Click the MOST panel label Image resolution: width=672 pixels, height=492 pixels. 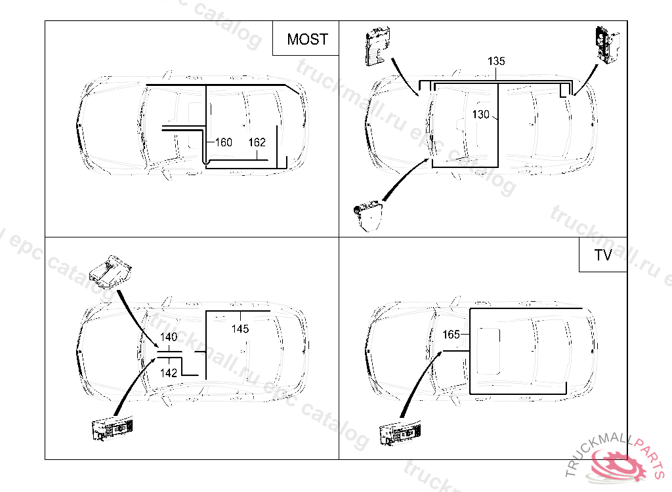[307, 39]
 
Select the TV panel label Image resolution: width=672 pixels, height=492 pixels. [602, 255]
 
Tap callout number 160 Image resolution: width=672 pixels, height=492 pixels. [224, 142]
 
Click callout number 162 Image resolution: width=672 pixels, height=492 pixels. [257, 142]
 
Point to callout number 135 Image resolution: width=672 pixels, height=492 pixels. [496, 62]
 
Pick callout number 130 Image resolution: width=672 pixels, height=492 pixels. [481, 115]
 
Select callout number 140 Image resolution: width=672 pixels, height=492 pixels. [169, 337]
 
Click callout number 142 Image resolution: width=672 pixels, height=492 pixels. [169, 373]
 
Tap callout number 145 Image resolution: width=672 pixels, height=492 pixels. [240, 329]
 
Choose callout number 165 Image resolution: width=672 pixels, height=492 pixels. [451, 335]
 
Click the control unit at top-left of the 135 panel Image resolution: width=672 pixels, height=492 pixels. [377, 47]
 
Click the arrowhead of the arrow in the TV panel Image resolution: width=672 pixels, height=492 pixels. [439, 354]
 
